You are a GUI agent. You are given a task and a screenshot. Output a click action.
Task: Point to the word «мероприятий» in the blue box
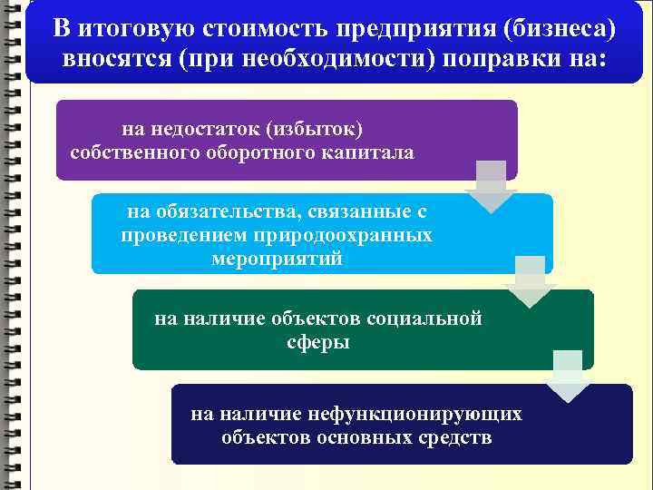277,259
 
